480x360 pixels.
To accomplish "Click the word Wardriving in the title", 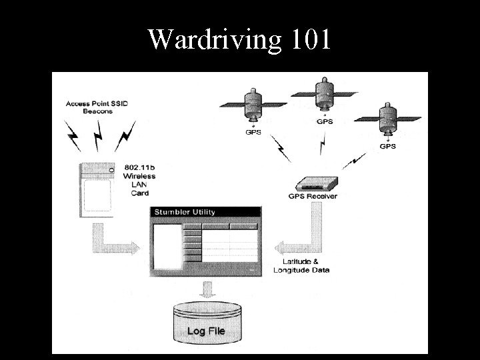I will coord(215,40).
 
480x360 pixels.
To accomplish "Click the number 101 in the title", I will coord(310,39).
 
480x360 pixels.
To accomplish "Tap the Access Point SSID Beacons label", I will coord(98,108).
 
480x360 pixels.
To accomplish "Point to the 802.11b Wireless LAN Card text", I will coord(139,179).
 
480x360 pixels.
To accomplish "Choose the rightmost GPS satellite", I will coord(386,116).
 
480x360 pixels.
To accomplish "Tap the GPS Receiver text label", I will coord(312,197).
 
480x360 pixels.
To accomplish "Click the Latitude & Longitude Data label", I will coord(301,266).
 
